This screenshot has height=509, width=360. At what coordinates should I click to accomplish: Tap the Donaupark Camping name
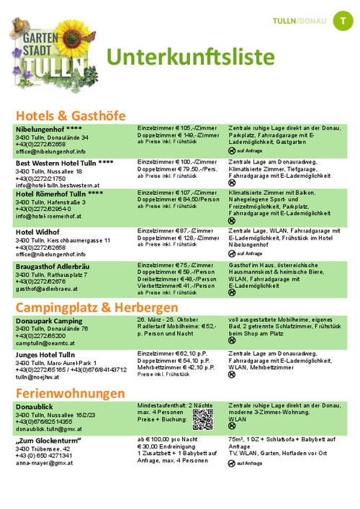pos(49,320)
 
